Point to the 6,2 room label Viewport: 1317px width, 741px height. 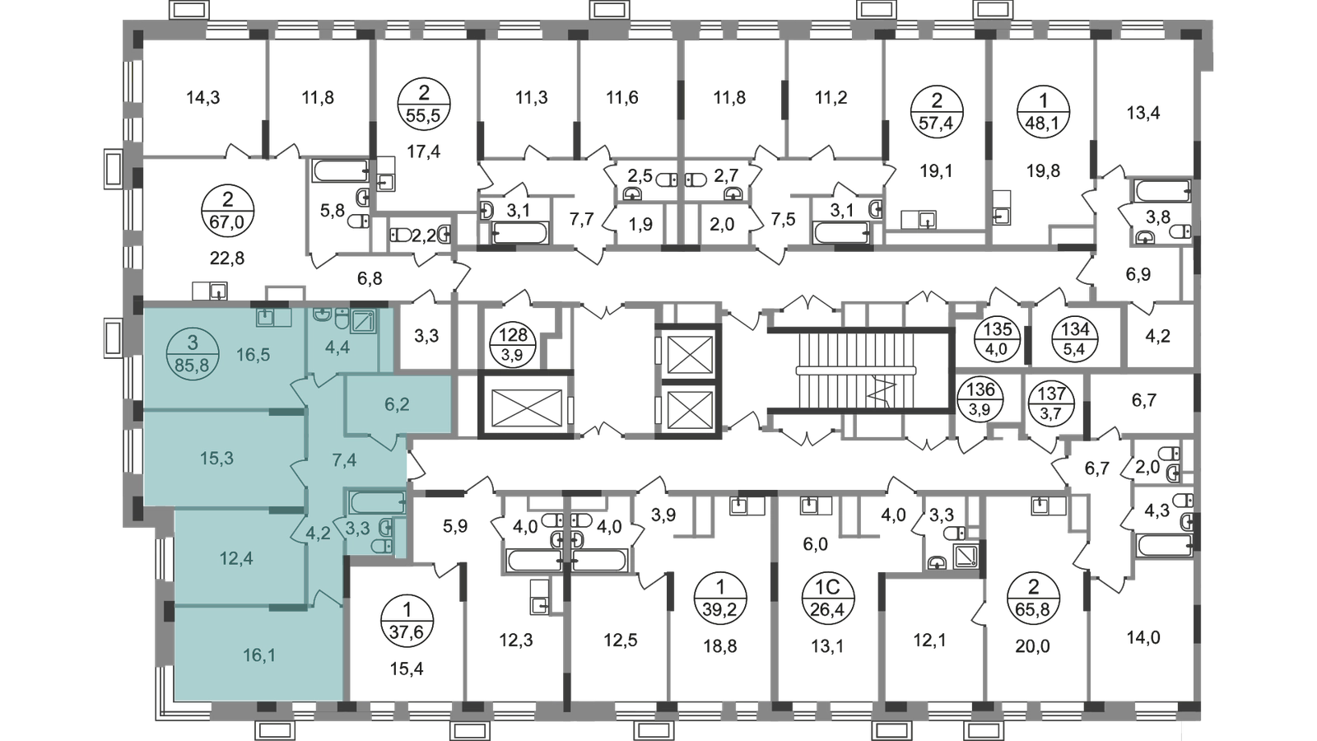click(397, 404)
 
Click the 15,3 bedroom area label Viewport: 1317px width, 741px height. click(216, 458)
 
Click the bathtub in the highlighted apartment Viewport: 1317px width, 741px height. click(376, 501)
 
